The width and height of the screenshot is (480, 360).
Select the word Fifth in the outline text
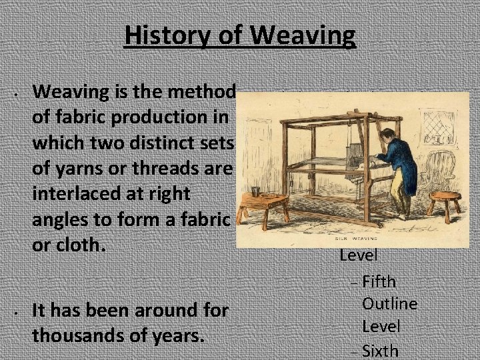click(x=388, y=283)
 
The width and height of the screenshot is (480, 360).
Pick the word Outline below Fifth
click(x=390, y=304)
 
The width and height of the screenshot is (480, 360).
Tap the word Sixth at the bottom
click(x=380, y=351)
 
